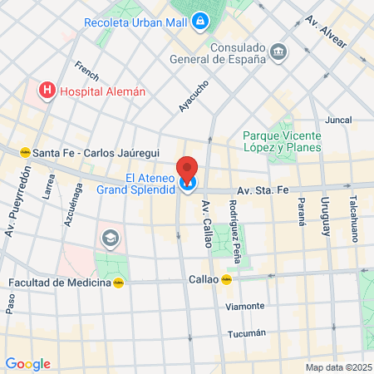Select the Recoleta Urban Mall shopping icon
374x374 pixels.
coord(200,20)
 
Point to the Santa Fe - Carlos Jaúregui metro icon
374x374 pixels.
coord(26,152)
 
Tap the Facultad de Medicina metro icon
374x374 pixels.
coord(120,283)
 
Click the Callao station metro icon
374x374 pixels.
coord(225,280)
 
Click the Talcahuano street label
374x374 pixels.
coord(353,219)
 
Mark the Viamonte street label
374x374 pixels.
coord(245,306)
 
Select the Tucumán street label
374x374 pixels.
coord(247,333)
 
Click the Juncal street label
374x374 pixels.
coord(338,120)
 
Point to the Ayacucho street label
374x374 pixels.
coord(194,96)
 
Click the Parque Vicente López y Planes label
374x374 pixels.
coord(282,141)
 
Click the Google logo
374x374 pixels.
coord(27,363)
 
